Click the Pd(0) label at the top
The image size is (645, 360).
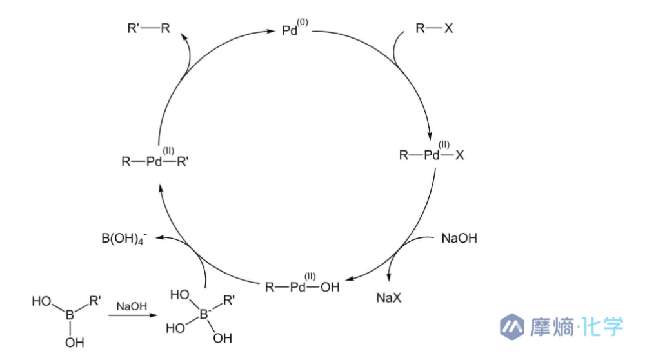[x=291, y=30]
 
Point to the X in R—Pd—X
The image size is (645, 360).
[x=459, y=155]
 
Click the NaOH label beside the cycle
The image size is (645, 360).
[x=459, y=238]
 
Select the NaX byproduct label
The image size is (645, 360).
[x=391, y=298]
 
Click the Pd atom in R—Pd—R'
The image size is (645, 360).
[x=154, y=161]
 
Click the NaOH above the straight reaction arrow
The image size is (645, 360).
[x=131, y=305]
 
